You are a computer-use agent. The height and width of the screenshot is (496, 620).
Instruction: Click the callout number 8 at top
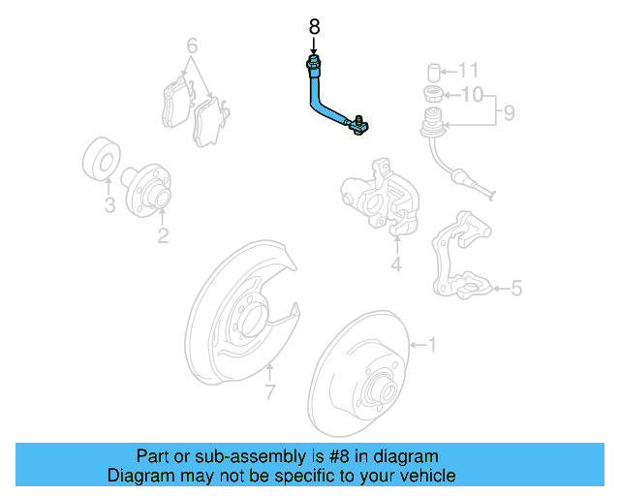point(313,28)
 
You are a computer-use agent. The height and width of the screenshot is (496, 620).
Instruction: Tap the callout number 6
point(192,46)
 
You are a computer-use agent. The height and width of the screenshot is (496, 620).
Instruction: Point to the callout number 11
point(469,70)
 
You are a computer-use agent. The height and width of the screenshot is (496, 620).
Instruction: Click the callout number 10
point(470,95)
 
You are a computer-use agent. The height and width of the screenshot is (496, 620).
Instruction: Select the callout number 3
point(109,205)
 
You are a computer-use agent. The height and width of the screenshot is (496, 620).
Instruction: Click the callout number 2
point(163,234)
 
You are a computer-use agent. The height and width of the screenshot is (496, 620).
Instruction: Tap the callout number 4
point(395,265)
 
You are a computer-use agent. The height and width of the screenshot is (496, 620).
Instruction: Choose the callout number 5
point(516,288)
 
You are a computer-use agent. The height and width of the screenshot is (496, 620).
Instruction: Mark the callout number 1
point(432,344)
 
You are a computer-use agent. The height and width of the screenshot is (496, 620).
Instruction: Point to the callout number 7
point(271,392)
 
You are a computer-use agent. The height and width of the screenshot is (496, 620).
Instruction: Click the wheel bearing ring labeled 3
point(99,162)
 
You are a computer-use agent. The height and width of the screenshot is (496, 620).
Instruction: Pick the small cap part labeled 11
point(436,71)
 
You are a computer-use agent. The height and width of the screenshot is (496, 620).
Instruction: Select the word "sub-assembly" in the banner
point(233,456)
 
